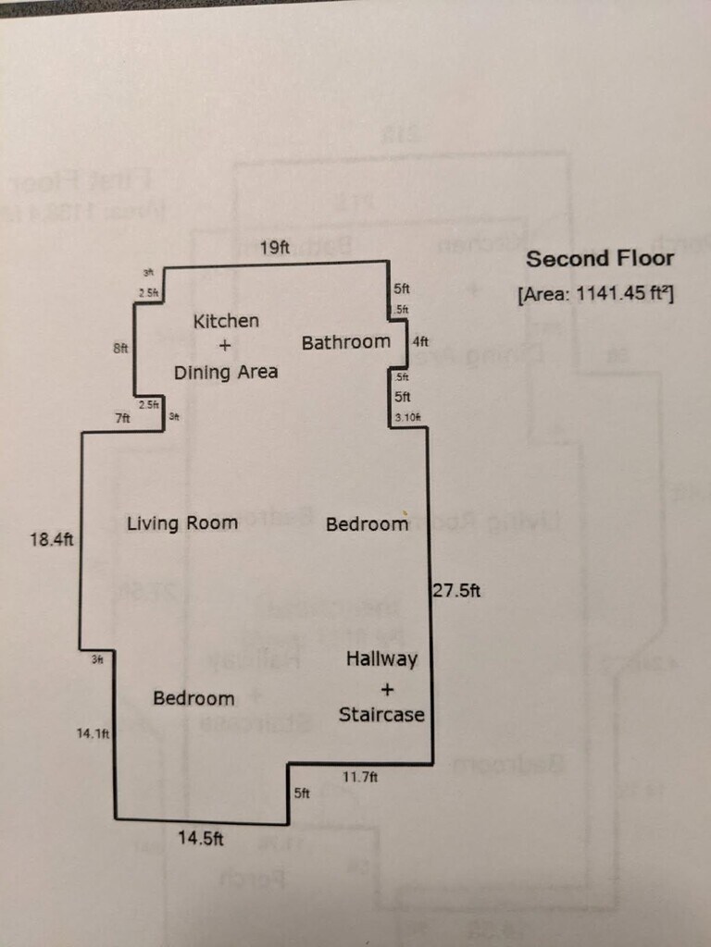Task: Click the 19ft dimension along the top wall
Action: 274,248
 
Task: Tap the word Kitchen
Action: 226,322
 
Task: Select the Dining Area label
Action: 226,372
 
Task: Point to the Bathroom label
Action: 346,342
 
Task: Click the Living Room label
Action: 182,523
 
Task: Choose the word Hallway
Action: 381,659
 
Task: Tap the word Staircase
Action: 381,714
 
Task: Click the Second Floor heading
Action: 600,259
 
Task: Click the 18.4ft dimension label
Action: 51,538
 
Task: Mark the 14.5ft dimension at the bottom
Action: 201,839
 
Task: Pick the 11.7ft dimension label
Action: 360,778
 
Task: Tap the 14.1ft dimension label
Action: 94,733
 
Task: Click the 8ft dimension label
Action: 120,349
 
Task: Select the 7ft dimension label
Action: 122,418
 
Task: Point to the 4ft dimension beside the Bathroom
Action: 420,341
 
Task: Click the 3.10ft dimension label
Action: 407,417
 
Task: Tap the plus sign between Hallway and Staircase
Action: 386,688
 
